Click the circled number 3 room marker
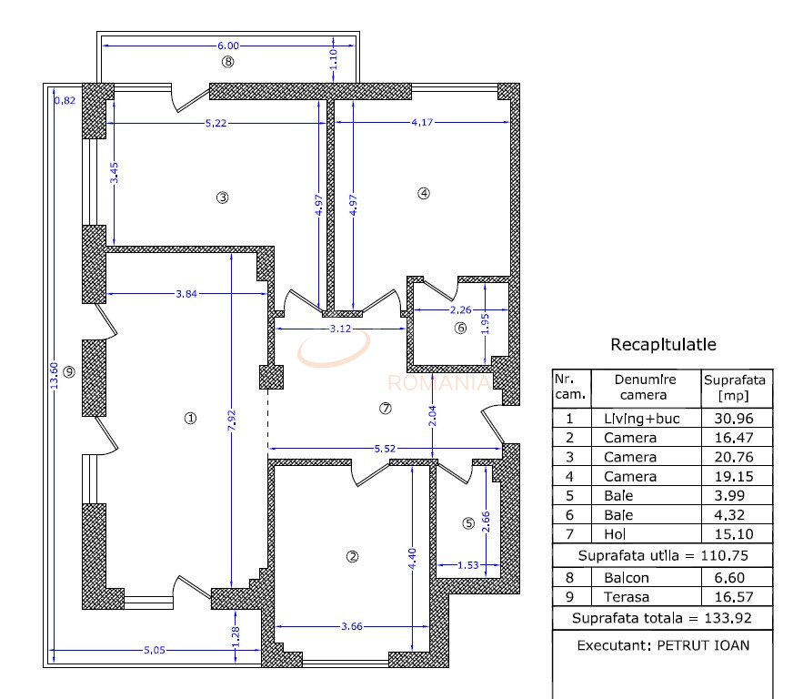(221, 197)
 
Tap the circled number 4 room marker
(423, 193)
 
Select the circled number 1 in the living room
(190, 419)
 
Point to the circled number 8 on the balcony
(227, 62)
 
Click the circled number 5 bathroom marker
(468, 523)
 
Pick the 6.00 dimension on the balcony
(227, 46)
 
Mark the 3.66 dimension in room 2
(350, 625)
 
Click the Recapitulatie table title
(663, 345)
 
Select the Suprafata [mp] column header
(736, 388)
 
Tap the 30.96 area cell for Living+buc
(736, 419)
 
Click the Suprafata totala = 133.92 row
(662, 619)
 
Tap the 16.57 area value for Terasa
(736, 597)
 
